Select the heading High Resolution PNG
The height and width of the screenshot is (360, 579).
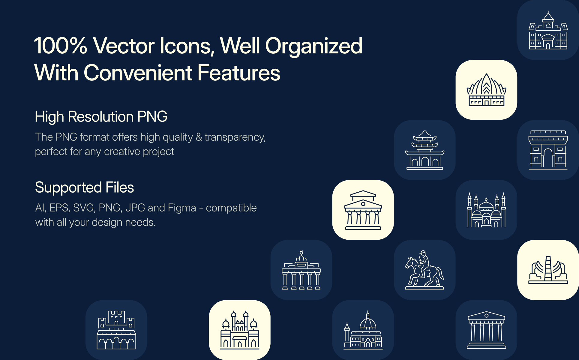[101, 117]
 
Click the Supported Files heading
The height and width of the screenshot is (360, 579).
[84, 187]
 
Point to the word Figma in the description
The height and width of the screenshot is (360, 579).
[182, 208]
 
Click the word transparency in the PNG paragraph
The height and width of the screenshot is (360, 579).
[235, 137]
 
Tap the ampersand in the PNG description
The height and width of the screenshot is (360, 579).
[199, 137]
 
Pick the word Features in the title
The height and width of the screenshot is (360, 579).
[239, 73]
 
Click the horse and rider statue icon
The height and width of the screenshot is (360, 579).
[424, 270]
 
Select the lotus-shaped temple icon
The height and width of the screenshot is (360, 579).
[486, 90]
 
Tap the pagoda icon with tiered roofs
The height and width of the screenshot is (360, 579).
[424, 150]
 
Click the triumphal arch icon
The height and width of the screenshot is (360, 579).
[548, 150]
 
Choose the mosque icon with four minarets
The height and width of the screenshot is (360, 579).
[486, 210]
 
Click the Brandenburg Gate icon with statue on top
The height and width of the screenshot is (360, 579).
[301, 270]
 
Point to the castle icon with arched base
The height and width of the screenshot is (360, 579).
[116, 330]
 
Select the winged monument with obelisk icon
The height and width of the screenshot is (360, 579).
[548, 270]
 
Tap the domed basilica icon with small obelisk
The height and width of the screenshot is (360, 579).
[363, 330]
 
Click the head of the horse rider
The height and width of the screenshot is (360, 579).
[423, 253]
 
